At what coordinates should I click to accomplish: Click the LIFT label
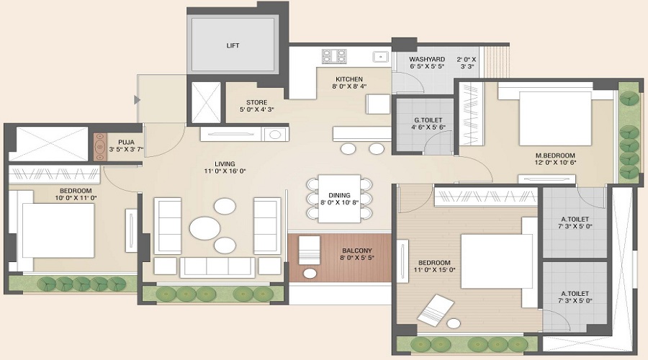233,45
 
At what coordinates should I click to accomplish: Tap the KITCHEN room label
349,79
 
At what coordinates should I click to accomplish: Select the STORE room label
257,102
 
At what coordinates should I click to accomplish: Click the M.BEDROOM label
554,155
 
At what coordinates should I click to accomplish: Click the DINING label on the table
338,194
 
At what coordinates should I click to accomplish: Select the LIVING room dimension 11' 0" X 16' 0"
224,171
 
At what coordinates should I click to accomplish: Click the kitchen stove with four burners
333,55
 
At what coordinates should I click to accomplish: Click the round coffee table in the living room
205,227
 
